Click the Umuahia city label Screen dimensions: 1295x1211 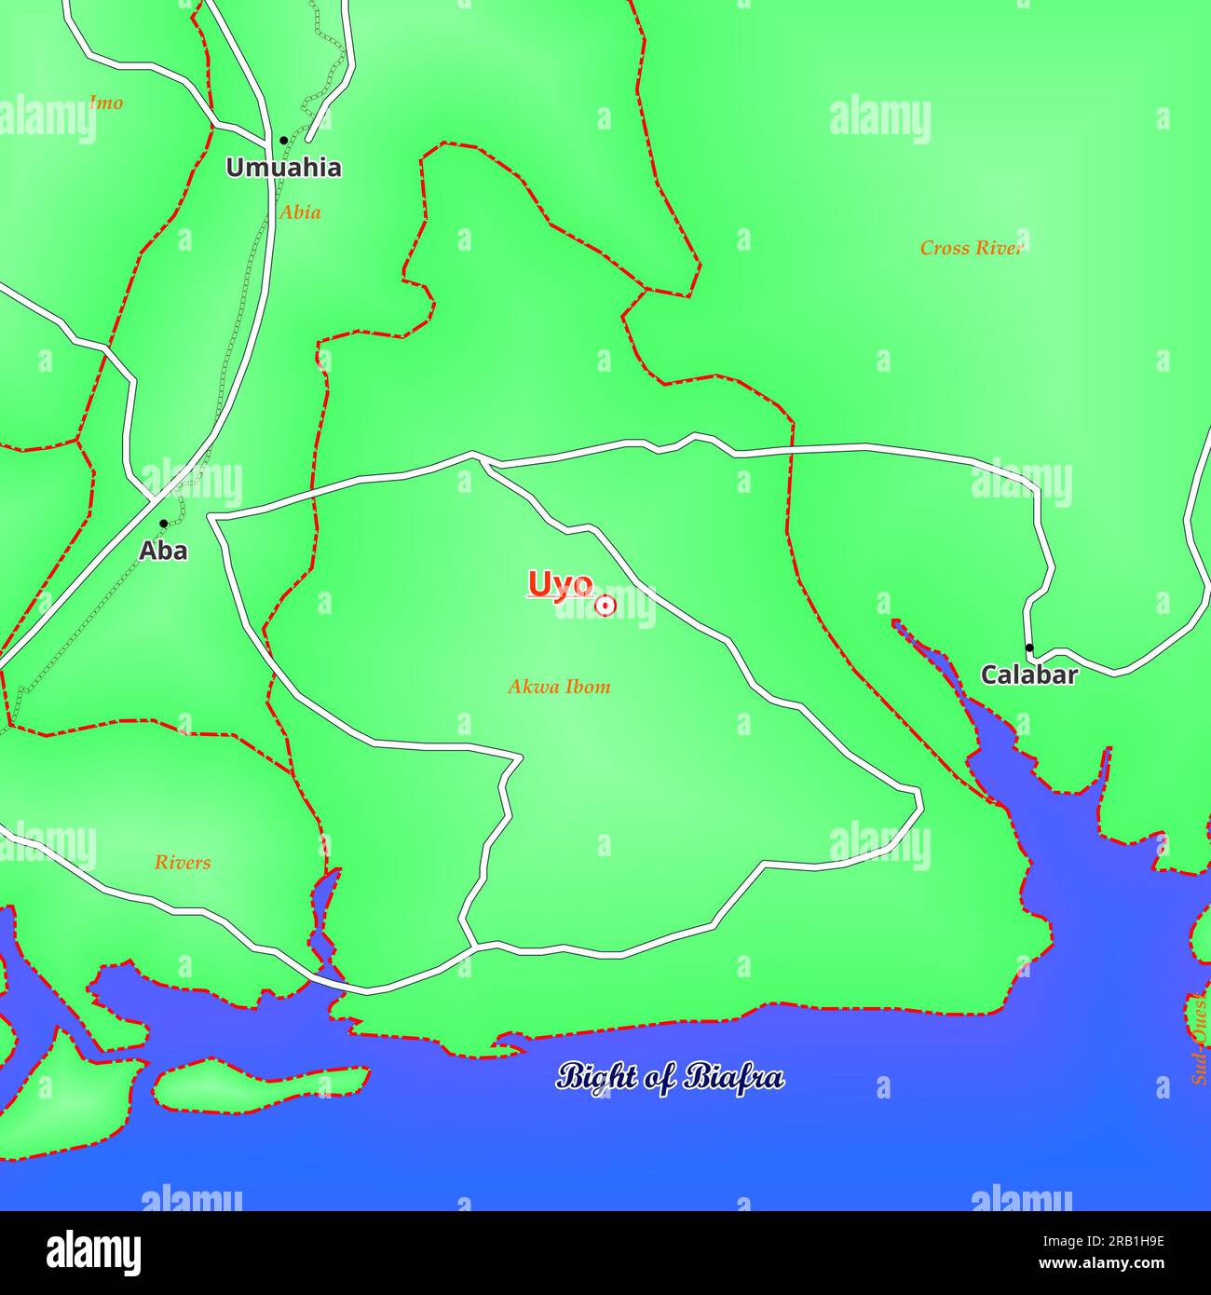(x=283, y=169)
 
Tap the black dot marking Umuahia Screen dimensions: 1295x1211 (x=283, y=141)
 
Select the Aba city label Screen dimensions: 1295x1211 (x=163, y=551)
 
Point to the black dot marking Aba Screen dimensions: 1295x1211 (x=163, y=524)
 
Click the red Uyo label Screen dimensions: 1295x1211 (x=560, y=585)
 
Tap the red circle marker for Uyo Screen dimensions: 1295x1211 (x=605, y=606)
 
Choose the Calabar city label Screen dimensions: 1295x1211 (x=1028, y=675)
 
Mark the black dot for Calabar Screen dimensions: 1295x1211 (x=1028, y=647)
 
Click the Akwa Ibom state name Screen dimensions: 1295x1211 (x=559, y=687)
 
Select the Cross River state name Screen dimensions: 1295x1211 (x=972, y=248)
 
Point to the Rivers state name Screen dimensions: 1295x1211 (x=183, y=862)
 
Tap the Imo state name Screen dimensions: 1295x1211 (x=105, y=102)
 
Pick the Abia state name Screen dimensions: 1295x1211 (x=300, y=212)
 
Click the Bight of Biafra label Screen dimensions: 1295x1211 (x=670, y=1077)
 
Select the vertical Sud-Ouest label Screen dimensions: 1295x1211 (x=1200, y=1039)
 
